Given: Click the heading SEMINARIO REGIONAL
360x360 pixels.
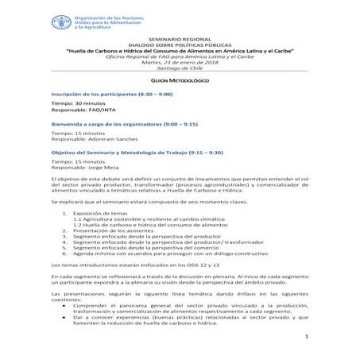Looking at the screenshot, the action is pyautogui.click(x=180, y=39).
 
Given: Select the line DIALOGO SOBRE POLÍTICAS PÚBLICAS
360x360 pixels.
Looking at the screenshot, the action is pyautogui.click(x=180, y=45).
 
